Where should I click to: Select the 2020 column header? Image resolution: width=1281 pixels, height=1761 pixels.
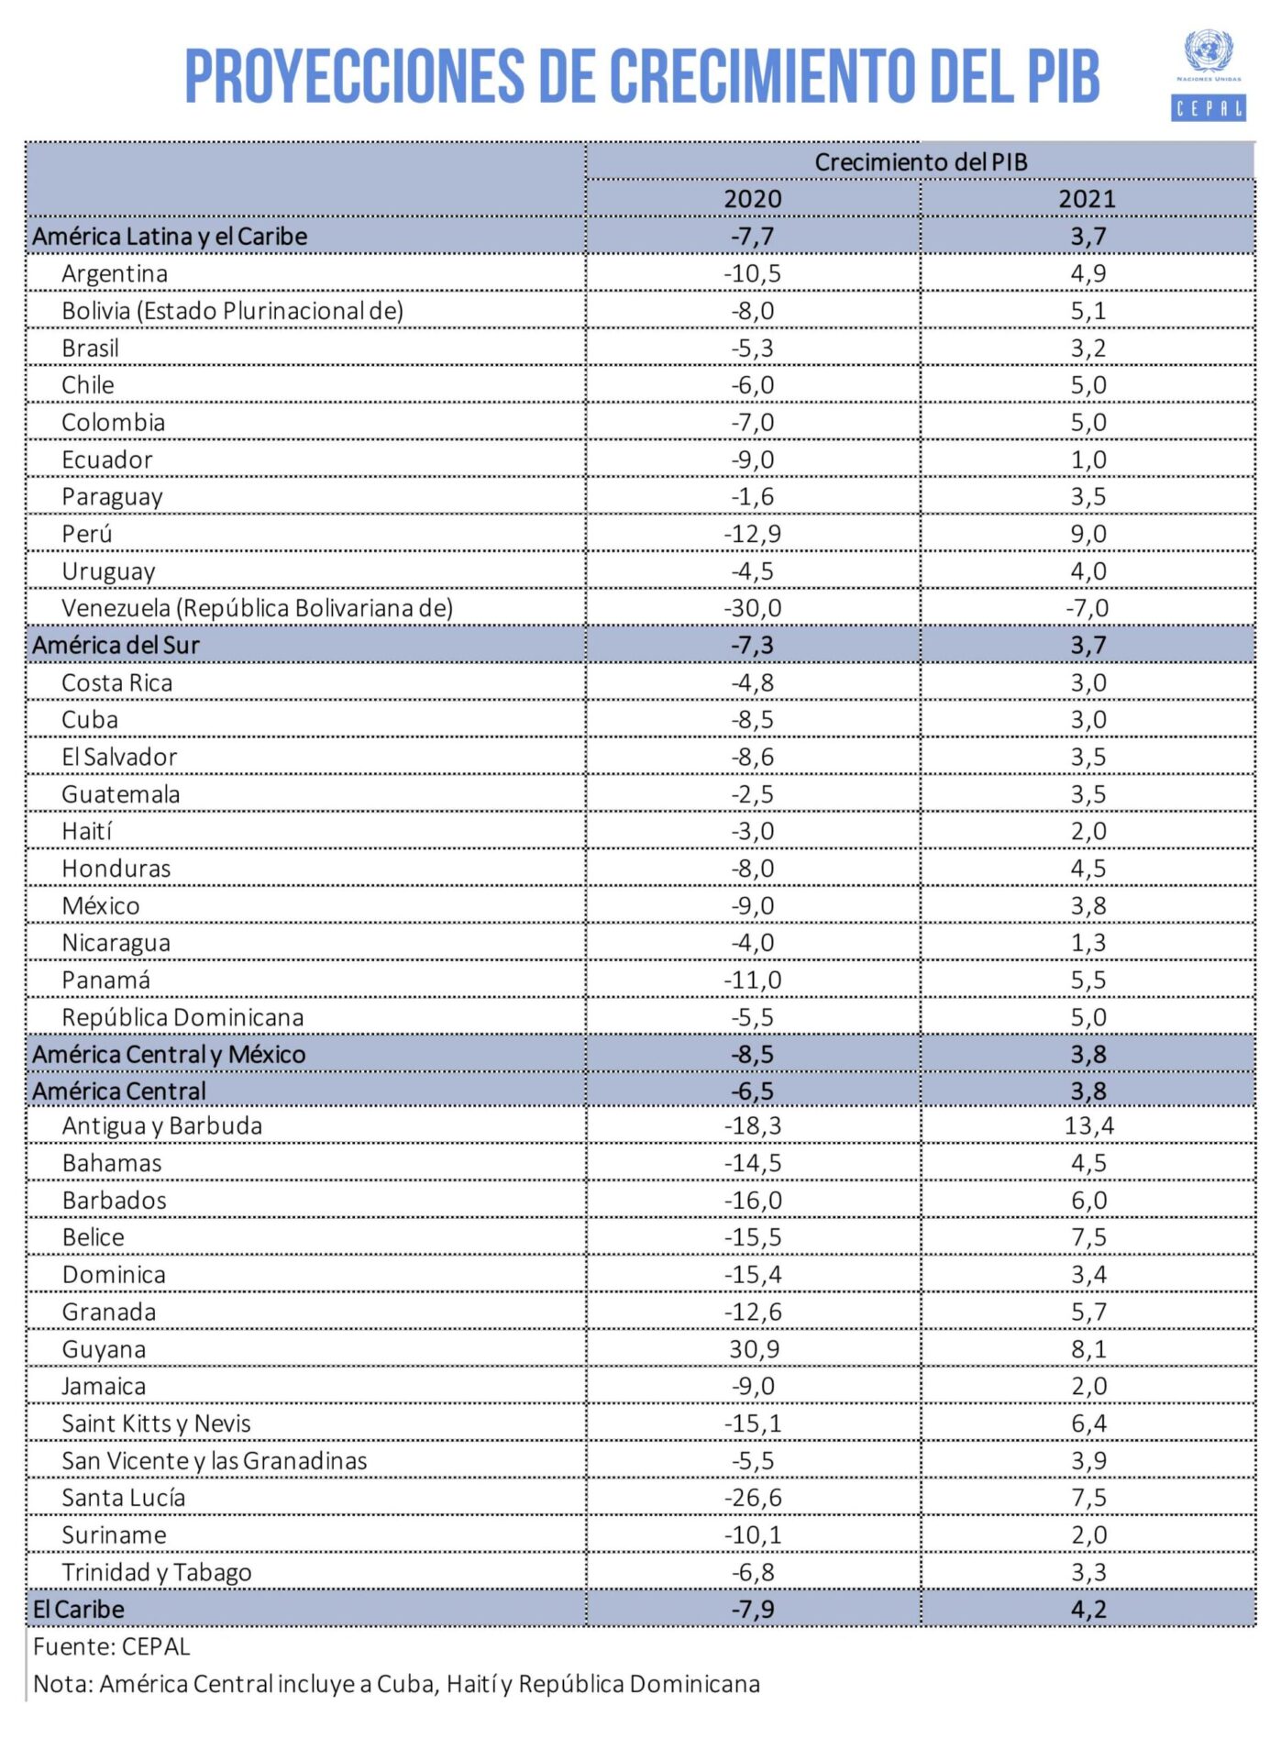[753, 199]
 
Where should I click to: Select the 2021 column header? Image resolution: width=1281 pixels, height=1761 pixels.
[1088, 199]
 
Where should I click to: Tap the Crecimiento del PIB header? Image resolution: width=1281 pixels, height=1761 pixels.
[921, 162]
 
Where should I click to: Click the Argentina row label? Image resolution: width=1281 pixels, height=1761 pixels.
[115, 274]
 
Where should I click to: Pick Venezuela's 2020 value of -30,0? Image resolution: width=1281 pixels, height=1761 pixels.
[753, 608]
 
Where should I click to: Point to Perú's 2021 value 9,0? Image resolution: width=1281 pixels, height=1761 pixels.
[1088, 534]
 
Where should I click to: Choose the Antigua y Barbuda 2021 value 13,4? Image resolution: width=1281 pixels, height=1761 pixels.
[1089, 1126]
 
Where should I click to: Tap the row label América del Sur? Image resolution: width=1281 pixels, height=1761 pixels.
[116, 646]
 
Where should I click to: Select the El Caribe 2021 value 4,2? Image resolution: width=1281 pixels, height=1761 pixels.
[1088, 1610]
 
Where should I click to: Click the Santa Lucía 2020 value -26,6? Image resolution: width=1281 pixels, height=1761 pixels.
[753, 1498]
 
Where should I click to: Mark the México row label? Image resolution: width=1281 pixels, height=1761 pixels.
[101, 906]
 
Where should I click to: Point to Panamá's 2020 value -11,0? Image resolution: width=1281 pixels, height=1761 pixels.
[753, 980]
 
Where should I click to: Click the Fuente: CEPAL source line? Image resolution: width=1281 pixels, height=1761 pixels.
[111, 1647]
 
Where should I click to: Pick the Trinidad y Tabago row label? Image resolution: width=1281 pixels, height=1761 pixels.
[157, 1573]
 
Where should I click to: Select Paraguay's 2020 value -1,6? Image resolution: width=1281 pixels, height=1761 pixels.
[753, 497]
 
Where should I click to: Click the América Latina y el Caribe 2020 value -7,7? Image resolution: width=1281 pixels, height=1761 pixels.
[753, 237]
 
